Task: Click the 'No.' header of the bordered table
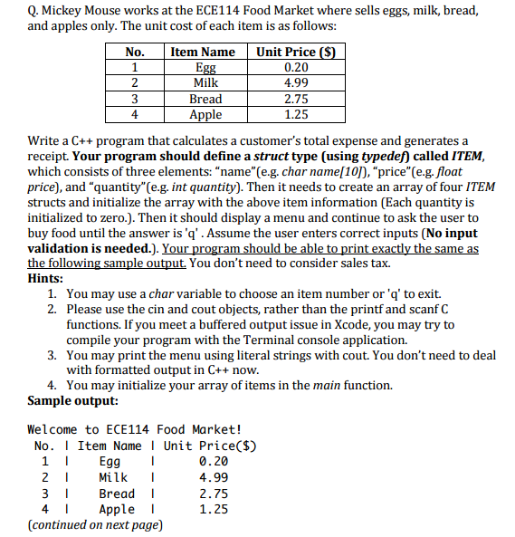point(135,52)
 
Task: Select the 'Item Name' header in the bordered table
point(204,52)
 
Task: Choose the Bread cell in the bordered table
point(205,99)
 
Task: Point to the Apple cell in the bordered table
point(205,115)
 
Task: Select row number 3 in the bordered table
point(135,99)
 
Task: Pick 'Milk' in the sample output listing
point(113,477)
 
